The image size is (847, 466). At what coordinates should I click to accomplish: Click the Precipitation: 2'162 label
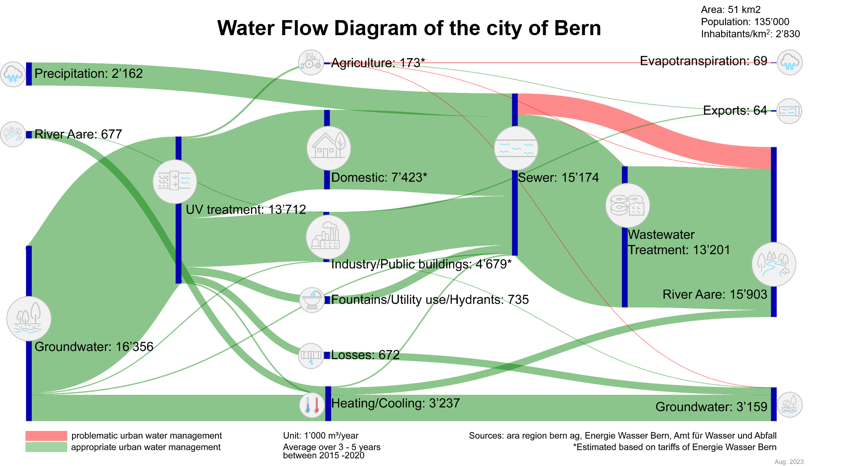click(x=88, y=74)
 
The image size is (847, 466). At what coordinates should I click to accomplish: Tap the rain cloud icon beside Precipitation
click(x=13, y=74)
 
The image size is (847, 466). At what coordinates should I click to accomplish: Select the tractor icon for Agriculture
click(x=311, y=62)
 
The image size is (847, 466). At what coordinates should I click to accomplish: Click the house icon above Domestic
click(x=329, y=148)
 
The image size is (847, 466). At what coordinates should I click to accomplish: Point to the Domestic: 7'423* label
click(x=379, y=178)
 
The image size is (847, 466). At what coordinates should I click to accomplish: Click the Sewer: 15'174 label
click(x=558, y=178)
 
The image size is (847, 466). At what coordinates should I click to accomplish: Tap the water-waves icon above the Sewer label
click(x=516, y=148)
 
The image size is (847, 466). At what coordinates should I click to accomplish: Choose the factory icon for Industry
click(x=328, y=237)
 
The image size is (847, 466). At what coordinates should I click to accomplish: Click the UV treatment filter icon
click(x=175, y=181)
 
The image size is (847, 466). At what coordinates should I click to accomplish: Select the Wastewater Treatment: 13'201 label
click(x=679, y=242)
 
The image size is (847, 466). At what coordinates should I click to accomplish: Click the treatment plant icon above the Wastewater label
click(x=627, y=205)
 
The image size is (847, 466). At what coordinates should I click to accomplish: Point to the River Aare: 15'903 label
click(x=715, y=294)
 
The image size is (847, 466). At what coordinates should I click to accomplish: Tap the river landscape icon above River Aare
click(x=774, y=264)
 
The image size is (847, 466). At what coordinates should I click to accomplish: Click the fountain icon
click(x=312, y=300)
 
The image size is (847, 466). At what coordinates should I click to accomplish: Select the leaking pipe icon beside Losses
click(x=311, y=356)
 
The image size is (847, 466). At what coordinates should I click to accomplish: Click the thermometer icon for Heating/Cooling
click(x=312, y=405)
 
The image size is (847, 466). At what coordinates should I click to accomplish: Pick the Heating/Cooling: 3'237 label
click(x=395, y=403)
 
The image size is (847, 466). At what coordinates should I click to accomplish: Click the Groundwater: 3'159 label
click(x=711, y=407)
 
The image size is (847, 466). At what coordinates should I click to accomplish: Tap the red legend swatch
click(x=46, y=436)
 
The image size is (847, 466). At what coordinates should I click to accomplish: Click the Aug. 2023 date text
click(x=789, y=461)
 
